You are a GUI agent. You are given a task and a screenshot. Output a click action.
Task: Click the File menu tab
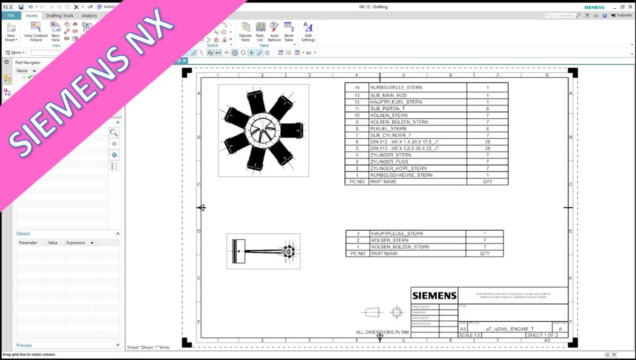[11, 16]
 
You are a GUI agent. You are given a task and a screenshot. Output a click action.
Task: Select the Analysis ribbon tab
[89, 16]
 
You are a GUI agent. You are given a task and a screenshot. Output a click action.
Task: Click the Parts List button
[260, 32]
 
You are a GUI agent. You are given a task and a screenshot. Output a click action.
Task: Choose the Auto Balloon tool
[274, 32]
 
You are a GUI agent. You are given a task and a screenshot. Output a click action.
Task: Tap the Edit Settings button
[308, 32]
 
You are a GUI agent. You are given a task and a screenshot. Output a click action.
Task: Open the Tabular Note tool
[245, 32]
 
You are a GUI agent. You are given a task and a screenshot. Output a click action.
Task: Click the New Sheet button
[11, 32]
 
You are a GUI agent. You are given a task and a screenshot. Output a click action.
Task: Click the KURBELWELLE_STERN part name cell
[396, 87]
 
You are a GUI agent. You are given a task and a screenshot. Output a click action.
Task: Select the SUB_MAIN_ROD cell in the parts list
[388, 95]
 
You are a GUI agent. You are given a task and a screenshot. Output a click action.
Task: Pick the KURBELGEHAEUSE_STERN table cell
[401, 175]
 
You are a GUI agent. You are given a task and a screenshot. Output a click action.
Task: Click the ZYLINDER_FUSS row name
[389, 162]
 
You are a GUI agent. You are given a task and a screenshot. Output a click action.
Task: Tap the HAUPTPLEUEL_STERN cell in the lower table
[397, 234]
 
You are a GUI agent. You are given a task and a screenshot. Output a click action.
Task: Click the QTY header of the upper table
[487, 181]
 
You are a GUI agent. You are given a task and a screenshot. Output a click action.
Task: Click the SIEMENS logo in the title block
[434, 295]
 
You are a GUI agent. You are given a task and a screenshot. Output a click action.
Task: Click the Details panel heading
[23, 234]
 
